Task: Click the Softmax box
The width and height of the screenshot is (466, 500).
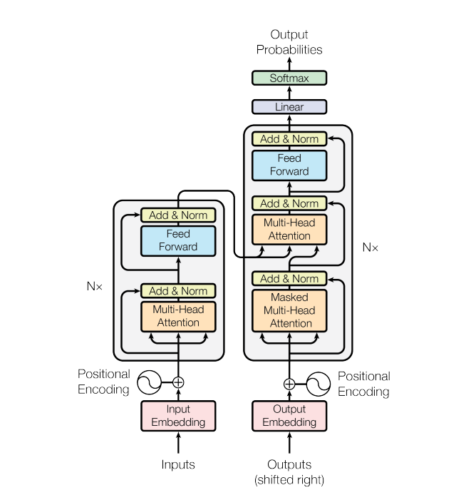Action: click(289, 78)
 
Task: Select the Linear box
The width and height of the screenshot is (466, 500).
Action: click(289, 107)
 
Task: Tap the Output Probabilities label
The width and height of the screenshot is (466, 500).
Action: click(289, 42)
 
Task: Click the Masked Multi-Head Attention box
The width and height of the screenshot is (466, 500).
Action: click(289, 310)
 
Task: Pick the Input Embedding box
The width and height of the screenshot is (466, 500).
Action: click(178, 416)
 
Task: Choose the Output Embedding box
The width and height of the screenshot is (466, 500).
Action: click(289, 416)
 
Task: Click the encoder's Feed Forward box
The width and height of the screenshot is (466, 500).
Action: click(178, 240)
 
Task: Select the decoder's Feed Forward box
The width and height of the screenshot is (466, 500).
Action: click(289, 165)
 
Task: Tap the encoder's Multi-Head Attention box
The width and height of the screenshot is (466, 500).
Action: click(178, 316)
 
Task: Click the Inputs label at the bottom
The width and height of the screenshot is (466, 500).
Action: click(178, 464)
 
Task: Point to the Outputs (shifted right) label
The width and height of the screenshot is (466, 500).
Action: click(289, 471)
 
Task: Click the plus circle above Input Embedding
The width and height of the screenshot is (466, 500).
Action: click(178, 383)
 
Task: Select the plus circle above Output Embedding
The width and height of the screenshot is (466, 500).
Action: click(289, 384)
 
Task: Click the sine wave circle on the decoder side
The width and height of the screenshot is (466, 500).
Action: click(318, 384)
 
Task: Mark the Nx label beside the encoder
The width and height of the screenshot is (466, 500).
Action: click(95, 285)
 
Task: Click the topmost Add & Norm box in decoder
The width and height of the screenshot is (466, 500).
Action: click(289, 139)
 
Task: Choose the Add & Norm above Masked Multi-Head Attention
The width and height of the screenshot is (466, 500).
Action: click(289, 279)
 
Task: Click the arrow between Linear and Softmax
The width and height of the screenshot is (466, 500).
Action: click(289, 93)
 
